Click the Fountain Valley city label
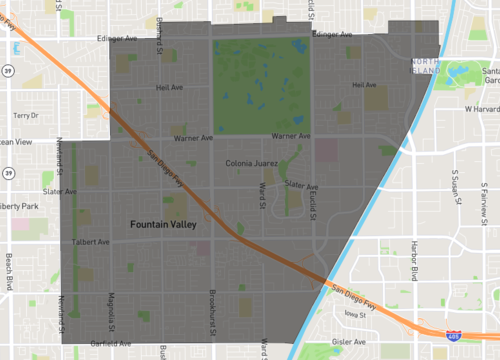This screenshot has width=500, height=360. pyautogui.click(x=163, y=225)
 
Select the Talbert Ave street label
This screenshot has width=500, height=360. pyautogui.click(x=91, y=242)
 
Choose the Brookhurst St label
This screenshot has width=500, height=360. pyautogui.click(x=213, y=314)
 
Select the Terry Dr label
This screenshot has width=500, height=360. pyautogui.click(x=24, y=116)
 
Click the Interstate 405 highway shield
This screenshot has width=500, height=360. pyautogui.click(x=456, y=338)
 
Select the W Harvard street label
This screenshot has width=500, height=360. pyautogui.click(x=481, y=108)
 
